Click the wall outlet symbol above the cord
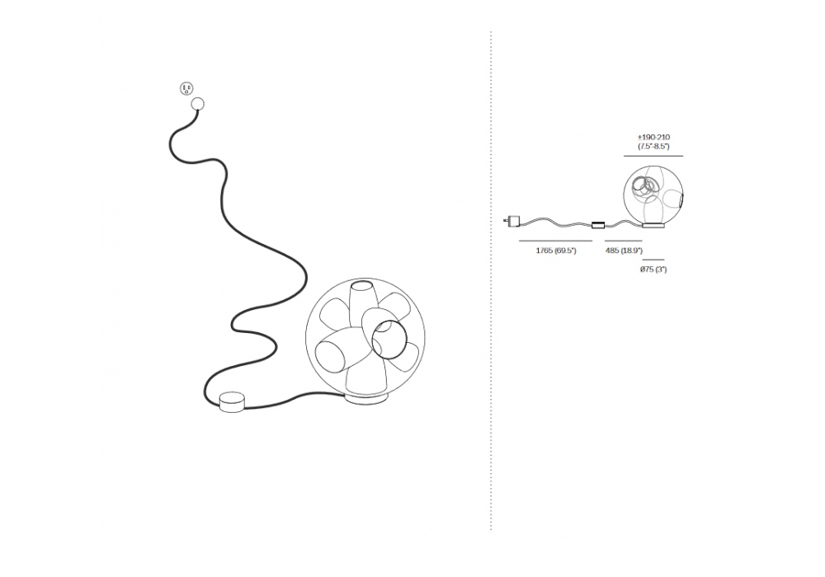point(186,89)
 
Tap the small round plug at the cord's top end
point(198,104)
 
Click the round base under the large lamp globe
point(367,399)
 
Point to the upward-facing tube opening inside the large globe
point(361,286)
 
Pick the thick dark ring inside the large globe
point(389,338)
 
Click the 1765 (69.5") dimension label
point(555,251)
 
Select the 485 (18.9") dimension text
point(624,251)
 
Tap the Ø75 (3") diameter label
point(653,270)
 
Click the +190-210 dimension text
point(653,138)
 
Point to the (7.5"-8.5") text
point(653,147)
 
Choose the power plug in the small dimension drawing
point(511,220)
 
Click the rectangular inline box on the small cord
point(598,225)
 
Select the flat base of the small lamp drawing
point(653,226)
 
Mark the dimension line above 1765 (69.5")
point(555,241)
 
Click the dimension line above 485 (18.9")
point(624,241)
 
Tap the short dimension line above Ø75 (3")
point(653,260)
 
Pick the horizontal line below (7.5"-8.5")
point(653,156)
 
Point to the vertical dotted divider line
point(491,280)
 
